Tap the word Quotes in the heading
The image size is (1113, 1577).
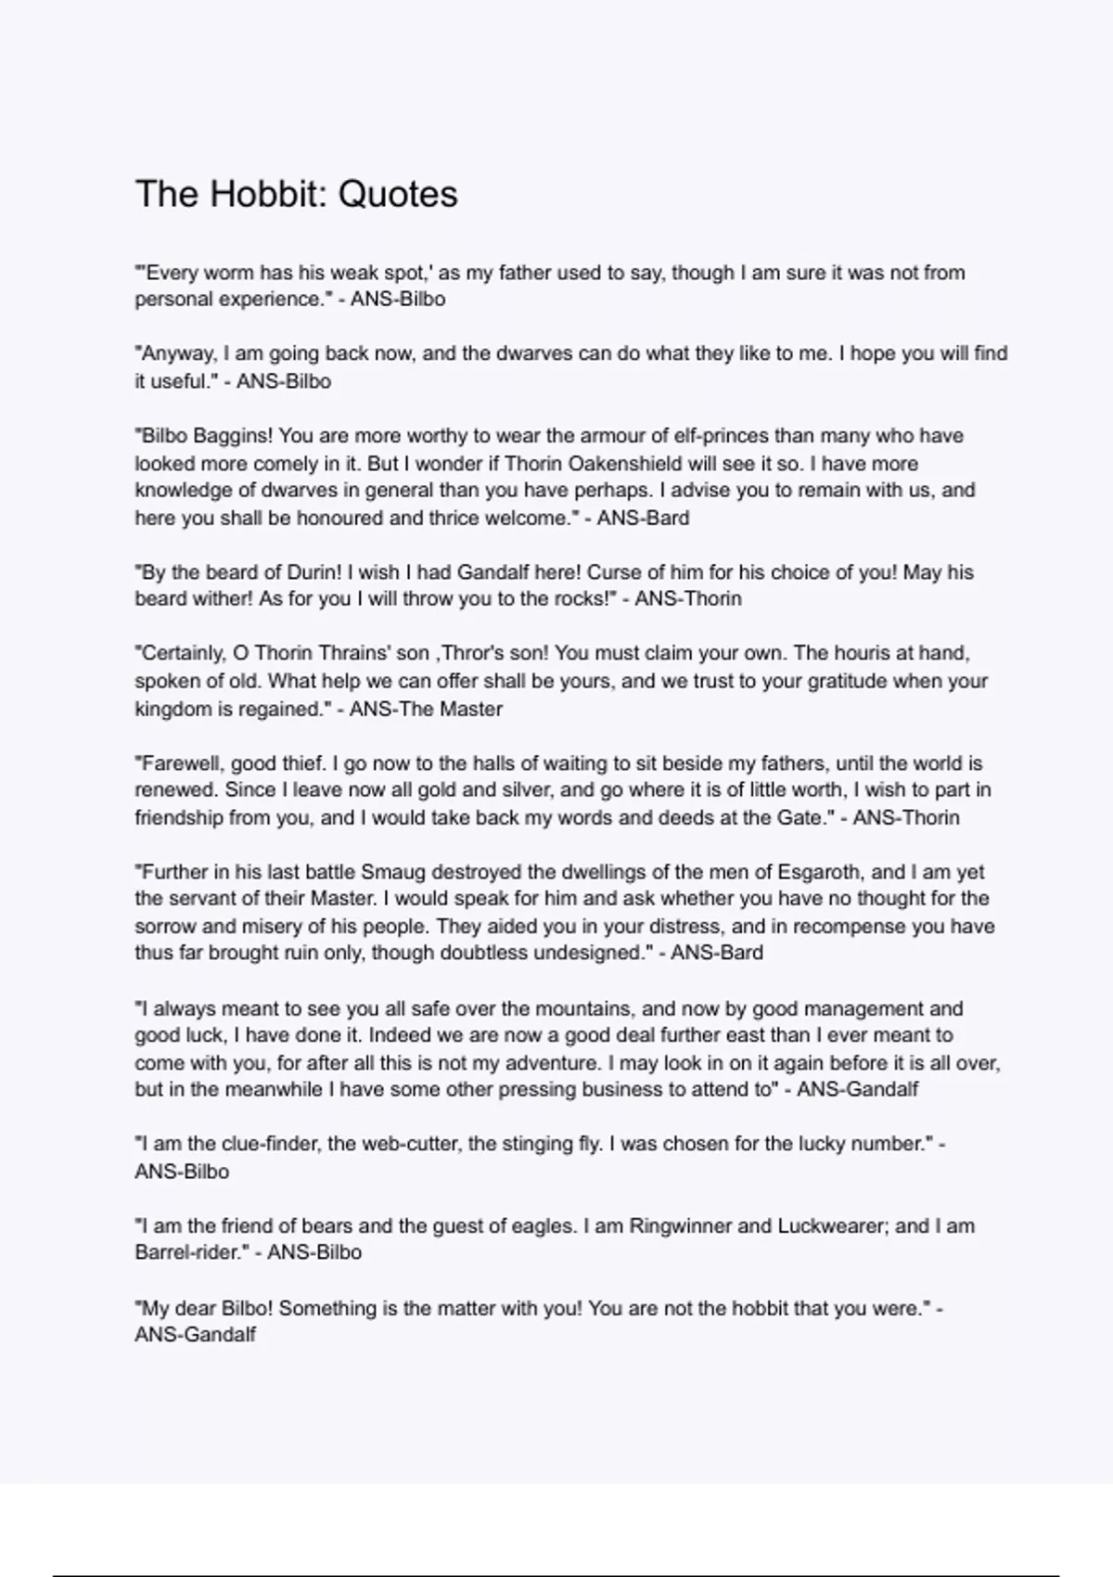click(x=398, y=194)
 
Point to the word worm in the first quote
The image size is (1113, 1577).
click(x=228, y=273)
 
